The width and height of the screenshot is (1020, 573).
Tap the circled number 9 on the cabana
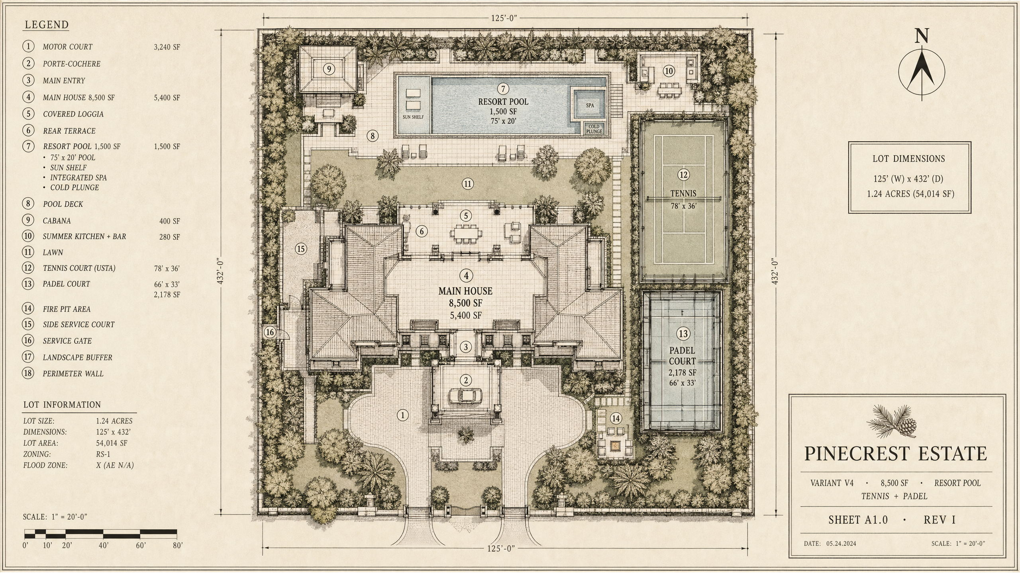329,69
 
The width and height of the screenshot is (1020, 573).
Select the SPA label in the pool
590,105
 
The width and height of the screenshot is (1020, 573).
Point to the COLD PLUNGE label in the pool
594,129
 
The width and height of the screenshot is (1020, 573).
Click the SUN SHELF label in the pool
413,117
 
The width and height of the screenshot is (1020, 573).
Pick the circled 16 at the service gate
270,332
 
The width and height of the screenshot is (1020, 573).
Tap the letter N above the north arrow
922,36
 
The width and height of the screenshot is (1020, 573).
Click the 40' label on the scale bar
104,546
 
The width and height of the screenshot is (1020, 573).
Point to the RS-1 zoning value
103,454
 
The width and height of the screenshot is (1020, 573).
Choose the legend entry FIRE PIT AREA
67,309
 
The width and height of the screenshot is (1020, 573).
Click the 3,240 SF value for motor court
167,47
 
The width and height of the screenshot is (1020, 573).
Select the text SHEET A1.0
858,520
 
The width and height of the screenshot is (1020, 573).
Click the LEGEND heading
47,25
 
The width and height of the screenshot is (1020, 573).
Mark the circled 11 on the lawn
468,184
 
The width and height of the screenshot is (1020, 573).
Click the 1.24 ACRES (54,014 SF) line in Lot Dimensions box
910,194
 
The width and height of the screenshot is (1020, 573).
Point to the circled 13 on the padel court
683,333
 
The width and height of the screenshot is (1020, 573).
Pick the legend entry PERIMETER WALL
73,374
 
